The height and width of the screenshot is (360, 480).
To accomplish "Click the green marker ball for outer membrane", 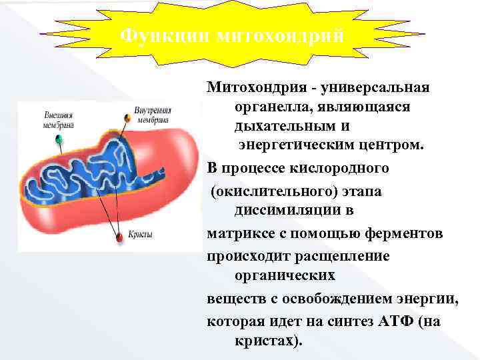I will pos(59,139).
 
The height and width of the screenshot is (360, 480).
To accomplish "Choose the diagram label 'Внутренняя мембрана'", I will pos(153,115).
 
